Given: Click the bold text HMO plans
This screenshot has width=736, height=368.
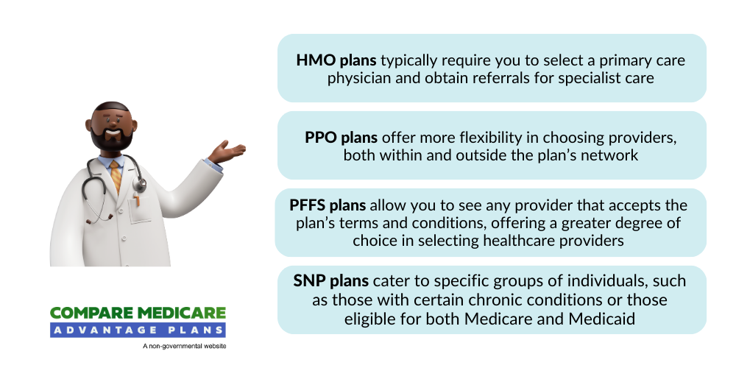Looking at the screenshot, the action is pyautogui.click(x=336, y=60).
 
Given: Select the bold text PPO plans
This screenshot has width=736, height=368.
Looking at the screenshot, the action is pyautogui.click(x=342, y=138).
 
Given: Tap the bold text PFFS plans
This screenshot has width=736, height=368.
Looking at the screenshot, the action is pyautogui.click(x=328, y=205).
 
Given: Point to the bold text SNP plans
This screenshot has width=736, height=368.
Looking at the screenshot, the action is pyautogui.click(x=331, y=280).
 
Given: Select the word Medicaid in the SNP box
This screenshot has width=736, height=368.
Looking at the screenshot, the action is pyautogui.click(x=602, y=319).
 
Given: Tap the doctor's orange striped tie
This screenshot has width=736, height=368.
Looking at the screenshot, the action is pyautogui.click(x=116, y=176).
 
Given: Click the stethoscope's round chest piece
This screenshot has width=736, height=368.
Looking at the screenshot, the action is pyautogui.click(x=139, y=185).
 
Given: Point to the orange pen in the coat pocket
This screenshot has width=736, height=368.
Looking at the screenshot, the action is pyautogui.click(x=137, y=200).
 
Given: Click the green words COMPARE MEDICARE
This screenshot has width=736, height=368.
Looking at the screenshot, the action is pyautogui.click(x=138, y=314).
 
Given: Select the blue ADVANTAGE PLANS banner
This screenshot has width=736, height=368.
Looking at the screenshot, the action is pyautogui.click(x=138, y=330).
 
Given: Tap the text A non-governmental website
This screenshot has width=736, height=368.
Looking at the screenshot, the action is pyautogui.click(x=185, y=347).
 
